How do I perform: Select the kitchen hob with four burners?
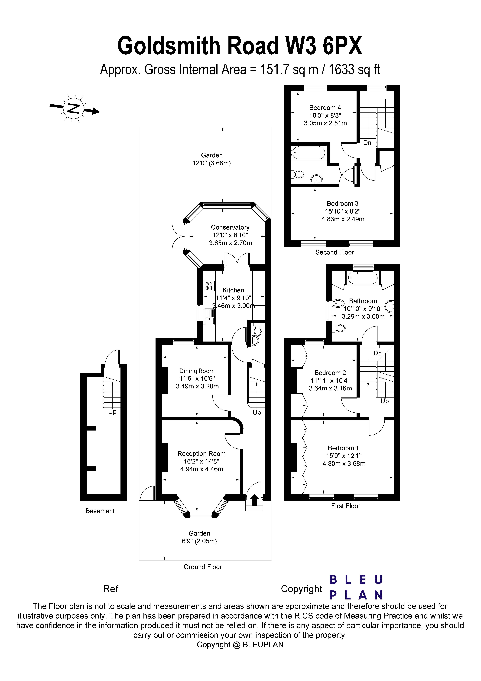click(x=209, y=286)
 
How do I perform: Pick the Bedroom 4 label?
click(x=325, y=108)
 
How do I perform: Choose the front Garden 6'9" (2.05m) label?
click(x=199, y=537)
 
